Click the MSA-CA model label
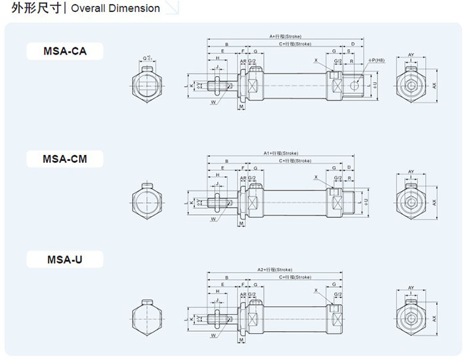[x=64, y=51]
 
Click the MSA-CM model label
[x=64, y=158]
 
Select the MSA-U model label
[x=64, y=259]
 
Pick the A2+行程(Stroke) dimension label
[x=275, y=269]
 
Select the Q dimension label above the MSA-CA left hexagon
[x=148, y=58]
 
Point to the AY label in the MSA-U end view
[x=411, y=288]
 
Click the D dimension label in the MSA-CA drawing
[x=352, y=44]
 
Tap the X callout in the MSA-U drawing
[x=316, y=290]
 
